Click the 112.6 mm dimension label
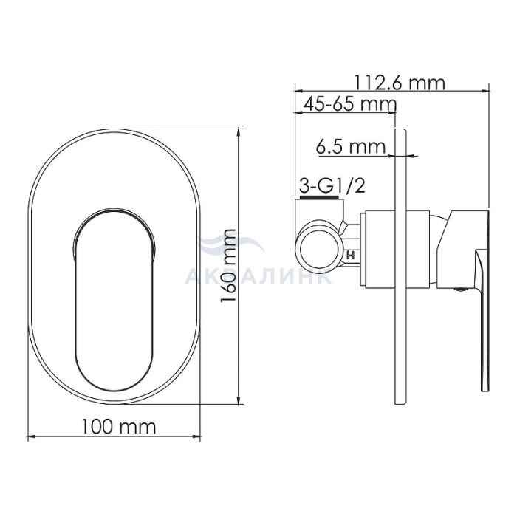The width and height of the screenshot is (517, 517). click(400, 83)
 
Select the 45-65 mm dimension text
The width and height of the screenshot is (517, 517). click(349, 104)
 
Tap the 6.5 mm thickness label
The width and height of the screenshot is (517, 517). click(351, 147)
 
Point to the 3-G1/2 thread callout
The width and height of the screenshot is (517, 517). click(332, 186)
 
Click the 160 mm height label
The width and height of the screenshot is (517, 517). click(227, 266)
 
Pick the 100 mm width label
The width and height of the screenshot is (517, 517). click(119, 427)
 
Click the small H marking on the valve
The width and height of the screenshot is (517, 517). click(351, 255)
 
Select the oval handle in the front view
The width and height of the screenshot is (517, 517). click(114, 300)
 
